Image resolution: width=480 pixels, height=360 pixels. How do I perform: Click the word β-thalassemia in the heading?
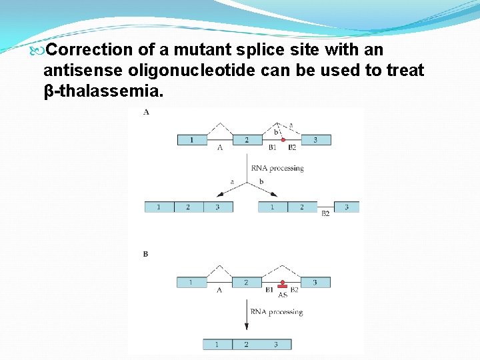(103, 90)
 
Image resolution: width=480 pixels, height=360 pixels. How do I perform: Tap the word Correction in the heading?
(91, 50)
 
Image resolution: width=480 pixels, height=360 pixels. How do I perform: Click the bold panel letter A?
(146, 112)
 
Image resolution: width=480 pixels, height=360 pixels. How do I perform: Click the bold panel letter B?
(145, 254)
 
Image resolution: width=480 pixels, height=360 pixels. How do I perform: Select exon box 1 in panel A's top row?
(191, 140)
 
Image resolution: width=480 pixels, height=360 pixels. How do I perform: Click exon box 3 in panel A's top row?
(315, 140)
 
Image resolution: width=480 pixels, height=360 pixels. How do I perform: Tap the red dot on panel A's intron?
(283, 139)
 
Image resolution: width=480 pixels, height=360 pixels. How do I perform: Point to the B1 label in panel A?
(272, 148)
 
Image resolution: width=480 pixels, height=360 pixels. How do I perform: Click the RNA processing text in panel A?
(277, 168)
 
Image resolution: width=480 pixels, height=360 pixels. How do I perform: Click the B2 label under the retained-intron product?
(325, 214)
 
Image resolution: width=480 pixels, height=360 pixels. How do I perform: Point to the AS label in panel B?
(283, 294)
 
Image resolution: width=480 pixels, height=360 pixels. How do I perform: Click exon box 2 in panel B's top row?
(246, 283)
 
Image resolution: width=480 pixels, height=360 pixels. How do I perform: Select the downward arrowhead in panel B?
(247, 327)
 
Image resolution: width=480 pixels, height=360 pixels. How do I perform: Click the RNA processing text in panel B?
(277, 311)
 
